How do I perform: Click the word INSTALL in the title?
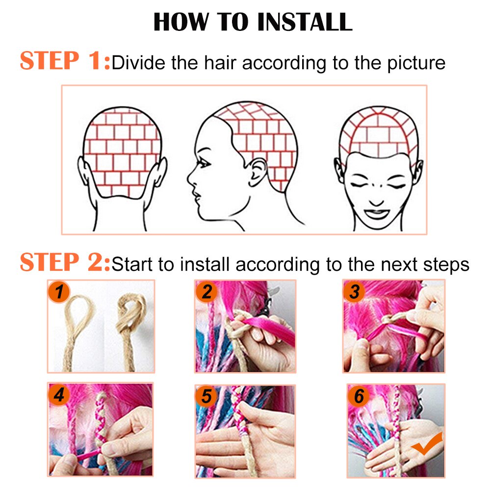tap(305, 22)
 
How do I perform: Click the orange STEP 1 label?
tap(65, 61)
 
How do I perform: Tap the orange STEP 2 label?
tap(65, 262)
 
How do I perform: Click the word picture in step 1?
tap(416, 63)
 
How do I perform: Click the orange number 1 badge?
tap(58, 292)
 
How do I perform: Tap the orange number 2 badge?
tap(207, 292)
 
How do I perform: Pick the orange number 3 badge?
tap(354, 292)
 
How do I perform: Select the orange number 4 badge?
tap(58, 394)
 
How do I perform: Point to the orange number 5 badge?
tap(206, 396)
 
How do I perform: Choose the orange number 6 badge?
tap(359, 396)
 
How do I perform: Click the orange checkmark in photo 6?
tap(427, 444)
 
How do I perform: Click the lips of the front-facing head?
tap(377, 214)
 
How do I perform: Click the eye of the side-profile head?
tap(203, 162)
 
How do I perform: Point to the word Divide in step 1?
tap(138, 63)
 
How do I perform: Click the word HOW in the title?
tap(181, 22)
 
